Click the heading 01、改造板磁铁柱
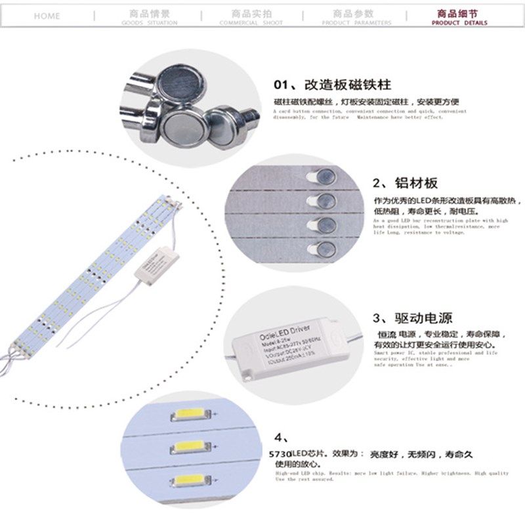point(332,85)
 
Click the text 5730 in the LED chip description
point(281,453)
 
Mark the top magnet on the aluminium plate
point(325,175)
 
